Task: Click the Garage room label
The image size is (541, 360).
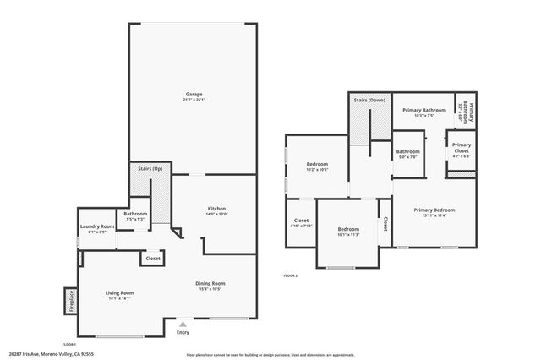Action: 194,94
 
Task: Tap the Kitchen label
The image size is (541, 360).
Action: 216,209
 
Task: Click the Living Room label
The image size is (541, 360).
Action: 119,293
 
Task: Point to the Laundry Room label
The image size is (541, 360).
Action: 97,226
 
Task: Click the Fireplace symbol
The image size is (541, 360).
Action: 70,300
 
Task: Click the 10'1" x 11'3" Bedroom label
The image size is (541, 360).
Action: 348,229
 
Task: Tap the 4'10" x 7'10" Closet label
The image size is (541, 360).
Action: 301,221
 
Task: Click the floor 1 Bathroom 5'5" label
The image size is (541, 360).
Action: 135,214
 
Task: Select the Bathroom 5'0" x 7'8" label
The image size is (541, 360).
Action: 408,151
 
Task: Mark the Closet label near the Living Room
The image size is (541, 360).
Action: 153,259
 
